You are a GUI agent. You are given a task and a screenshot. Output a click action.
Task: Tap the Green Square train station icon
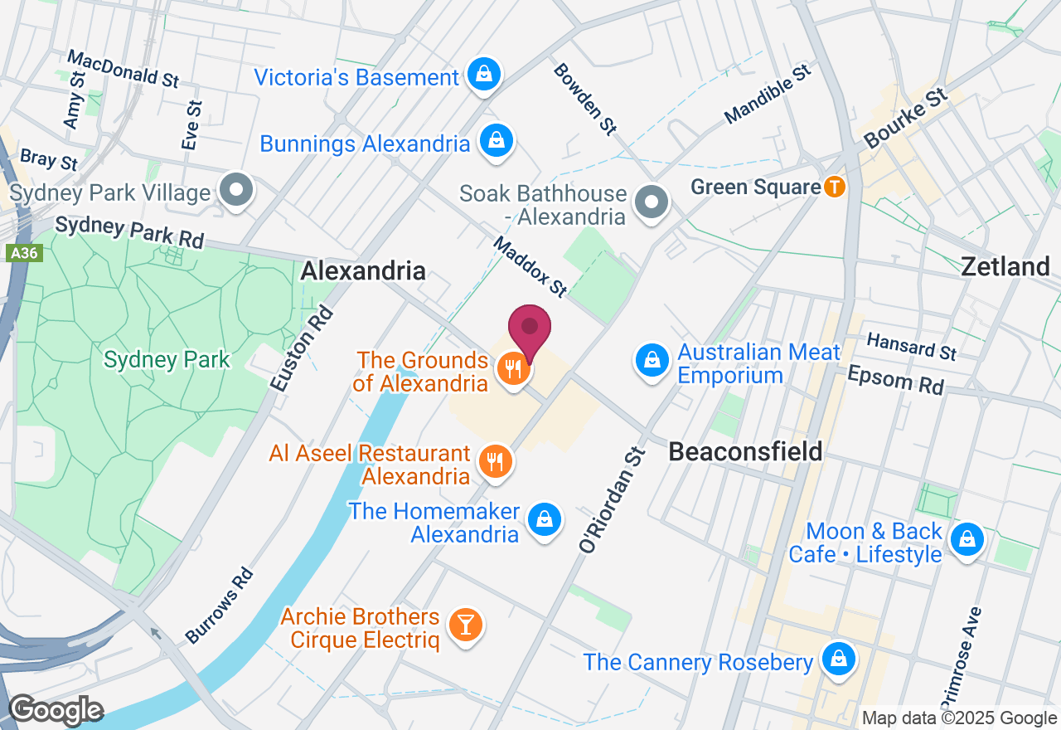click(835, 187)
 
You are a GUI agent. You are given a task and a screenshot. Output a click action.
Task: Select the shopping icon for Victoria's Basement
click(483, 75)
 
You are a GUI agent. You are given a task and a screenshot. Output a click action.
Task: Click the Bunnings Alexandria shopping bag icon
click(495, 141)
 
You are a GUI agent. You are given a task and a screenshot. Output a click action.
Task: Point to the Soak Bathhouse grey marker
click(652, 202)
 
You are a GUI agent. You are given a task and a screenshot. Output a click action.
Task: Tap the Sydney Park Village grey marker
click(236, 190)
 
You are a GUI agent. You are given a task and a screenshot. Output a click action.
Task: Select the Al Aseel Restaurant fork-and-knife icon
click(496, 460)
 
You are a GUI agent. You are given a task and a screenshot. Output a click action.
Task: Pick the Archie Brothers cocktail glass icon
click(465, 625)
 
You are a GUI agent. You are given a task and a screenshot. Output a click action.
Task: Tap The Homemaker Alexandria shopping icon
click(544, 519)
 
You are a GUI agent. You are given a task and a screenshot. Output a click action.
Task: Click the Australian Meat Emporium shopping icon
click(652, 361)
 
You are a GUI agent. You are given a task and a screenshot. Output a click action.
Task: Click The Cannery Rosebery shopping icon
click(839, 659)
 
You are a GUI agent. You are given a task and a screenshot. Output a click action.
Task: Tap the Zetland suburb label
click(1005, 266)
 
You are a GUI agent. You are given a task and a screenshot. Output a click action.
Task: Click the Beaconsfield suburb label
click(745, 451)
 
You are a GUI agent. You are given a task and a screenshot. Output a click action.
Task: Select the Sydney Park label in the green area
click(167, 359)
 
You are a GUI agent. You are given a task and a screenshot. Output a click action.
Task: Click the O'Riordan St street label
click(611, 500)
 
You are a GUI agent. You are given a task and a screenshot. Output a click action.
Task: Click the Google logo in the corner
click(56, 710)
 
